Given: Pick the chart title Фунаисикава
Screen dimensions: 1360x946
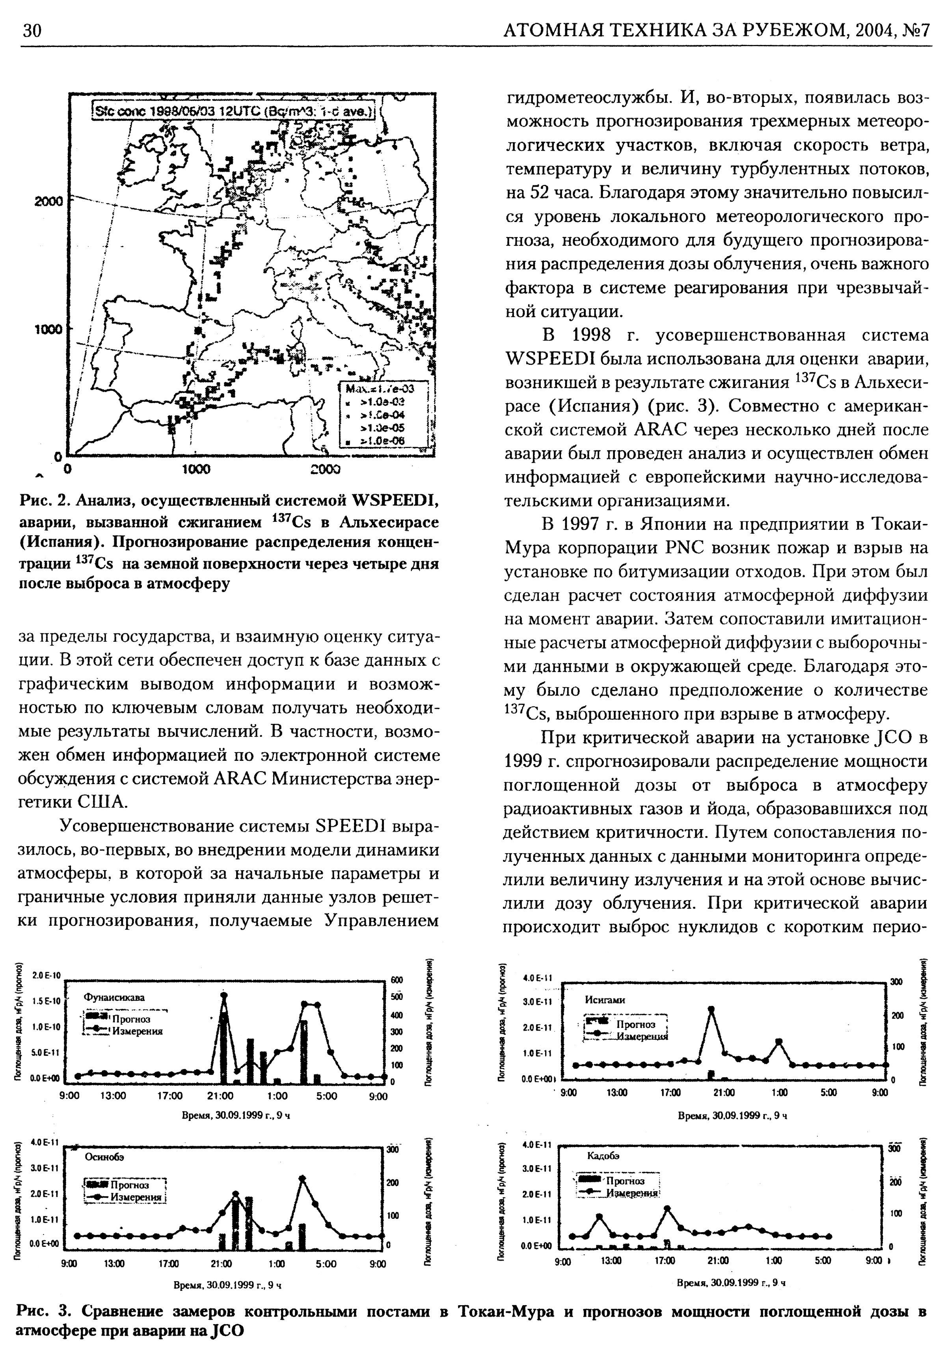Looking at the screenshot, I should pos(114,998).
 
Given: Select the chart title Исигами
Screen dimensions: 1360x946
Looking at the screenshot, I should pos(605,999).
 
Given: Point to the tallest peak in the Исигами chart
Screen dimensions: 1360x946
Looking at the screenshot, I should pos(711,1009).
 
